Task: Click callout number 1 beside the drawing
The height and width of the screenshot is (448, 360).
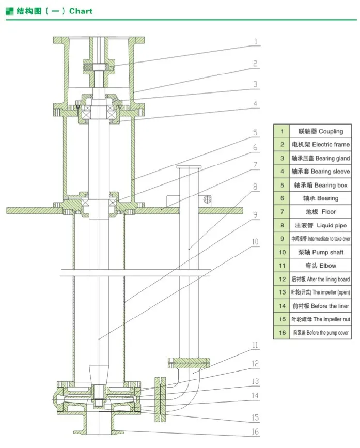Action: point(255,40)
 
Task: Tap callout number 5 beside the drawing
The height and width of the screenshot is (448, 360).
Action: point(255,133)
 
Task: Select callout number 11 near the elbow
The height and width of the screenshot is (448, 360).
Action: point(255,346)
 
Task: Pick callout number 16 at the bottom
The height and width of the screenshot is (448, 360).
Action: point(255,432)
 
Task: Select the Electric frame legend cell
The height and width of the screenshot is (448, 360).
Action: point(320,145)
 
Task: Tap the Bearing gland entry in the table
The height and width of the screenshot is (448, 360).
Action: point(320,158)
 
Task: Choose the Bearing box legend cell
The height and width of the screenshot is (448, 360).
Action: point(320,185)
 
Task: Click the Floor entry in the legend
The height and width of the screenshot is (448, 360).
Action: point(320,212)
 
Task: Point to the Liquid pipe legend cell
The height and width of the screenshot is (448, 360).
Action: point(320,225)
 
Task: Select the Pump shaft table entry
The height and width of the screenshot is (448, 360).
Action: point(320,252)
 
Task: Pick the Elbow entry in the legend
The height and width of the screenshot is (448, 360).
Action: point(320,266)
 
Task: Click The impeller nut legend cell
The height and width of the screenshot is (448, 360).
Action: point(320,319)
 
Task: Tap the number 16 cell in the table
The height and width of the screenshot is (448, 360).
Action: point(282,333)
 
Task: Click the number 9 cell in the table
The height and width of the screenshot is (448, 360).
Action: point(282,239)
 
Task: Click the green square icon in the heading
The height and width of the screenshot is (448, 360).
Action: point(9,10)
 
